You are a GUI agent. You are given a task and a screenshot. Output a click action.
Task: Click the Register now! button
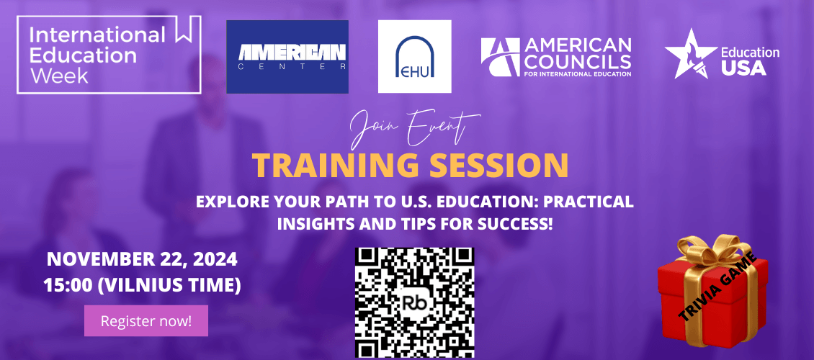pos(146,320)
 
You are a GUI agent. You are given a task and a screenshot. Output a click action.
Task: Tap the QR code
pos(414,303)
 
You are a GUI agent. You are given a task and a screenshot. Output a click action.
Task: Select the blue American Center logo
pos(287,57)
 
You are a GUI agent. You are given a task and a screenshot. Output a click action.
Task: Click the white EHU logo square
pos(415,57)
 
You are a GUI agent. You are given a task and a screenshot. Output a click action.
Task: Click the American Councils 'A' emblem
pos(501,57)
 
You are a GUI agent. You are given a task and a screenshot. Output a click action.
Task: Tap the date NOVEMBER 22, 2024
pos(142,259)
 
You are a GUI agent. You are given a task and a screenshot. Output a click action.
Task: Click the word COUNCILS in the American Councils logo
pos(578,61)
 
